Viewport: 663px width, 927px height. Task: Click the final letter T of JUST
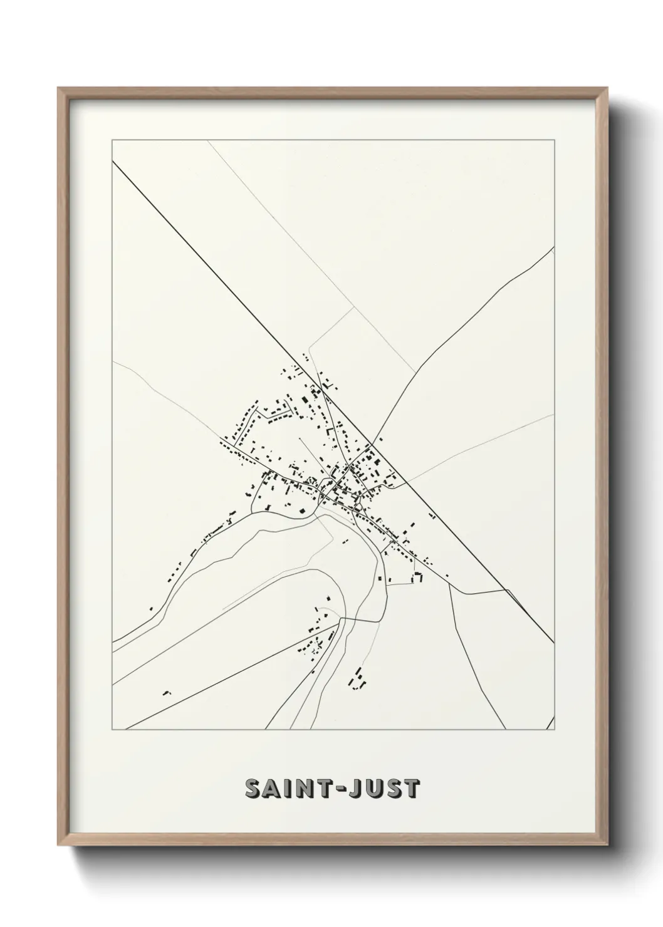(x=411, y=789)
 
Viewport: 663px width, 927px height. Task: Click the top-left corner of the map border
(x=112, y=138)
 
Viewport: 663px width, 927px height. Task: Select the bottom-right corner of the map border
(x=555, y=730)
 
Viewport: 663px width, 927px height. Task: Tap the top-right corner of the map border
(x=555, y=138)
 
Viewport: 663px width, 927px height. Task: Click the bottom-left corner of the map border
(x=112, y=730)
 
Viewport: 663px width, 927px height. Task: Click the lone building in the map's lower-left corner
(x=166, y=693)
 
